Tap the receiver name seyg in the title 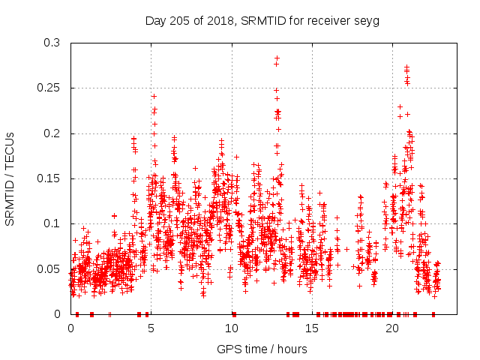click(367, 21)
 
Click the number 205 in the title click(180, 21)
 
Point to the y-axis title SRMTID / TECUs click(10, 178)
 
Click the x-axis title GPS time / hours click(262, 349)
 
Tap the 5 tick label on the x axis click(151, 328)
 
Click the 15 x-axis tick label click(311, 328)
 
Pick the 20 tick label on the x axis click(391, 328)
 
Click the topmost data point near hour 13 click(277, 58)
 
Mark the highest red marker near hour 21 click(406, 67)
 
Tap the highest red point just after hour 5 click(154, 96)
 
